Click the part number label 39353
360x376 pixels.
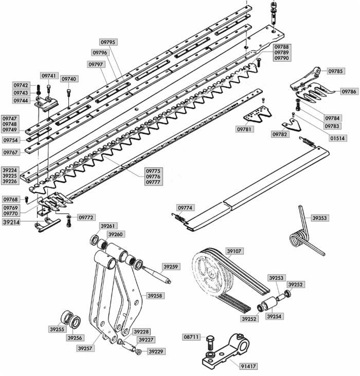[319, 218]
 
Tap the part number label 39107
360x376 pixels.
[233, 251]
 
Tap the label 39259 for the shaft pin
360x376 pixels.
[171, 267]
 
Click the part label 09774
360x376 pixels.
[185, 208]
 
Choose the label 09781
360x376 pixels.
[245, 129]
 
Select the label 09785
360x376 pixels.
[336, 71]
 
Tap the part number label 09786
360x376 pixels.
[349, 91]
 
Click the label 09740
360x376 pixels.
[69, 79]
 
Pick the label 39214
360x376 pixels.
[11, 223]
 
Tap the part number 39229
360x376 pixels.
[157, 351]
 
